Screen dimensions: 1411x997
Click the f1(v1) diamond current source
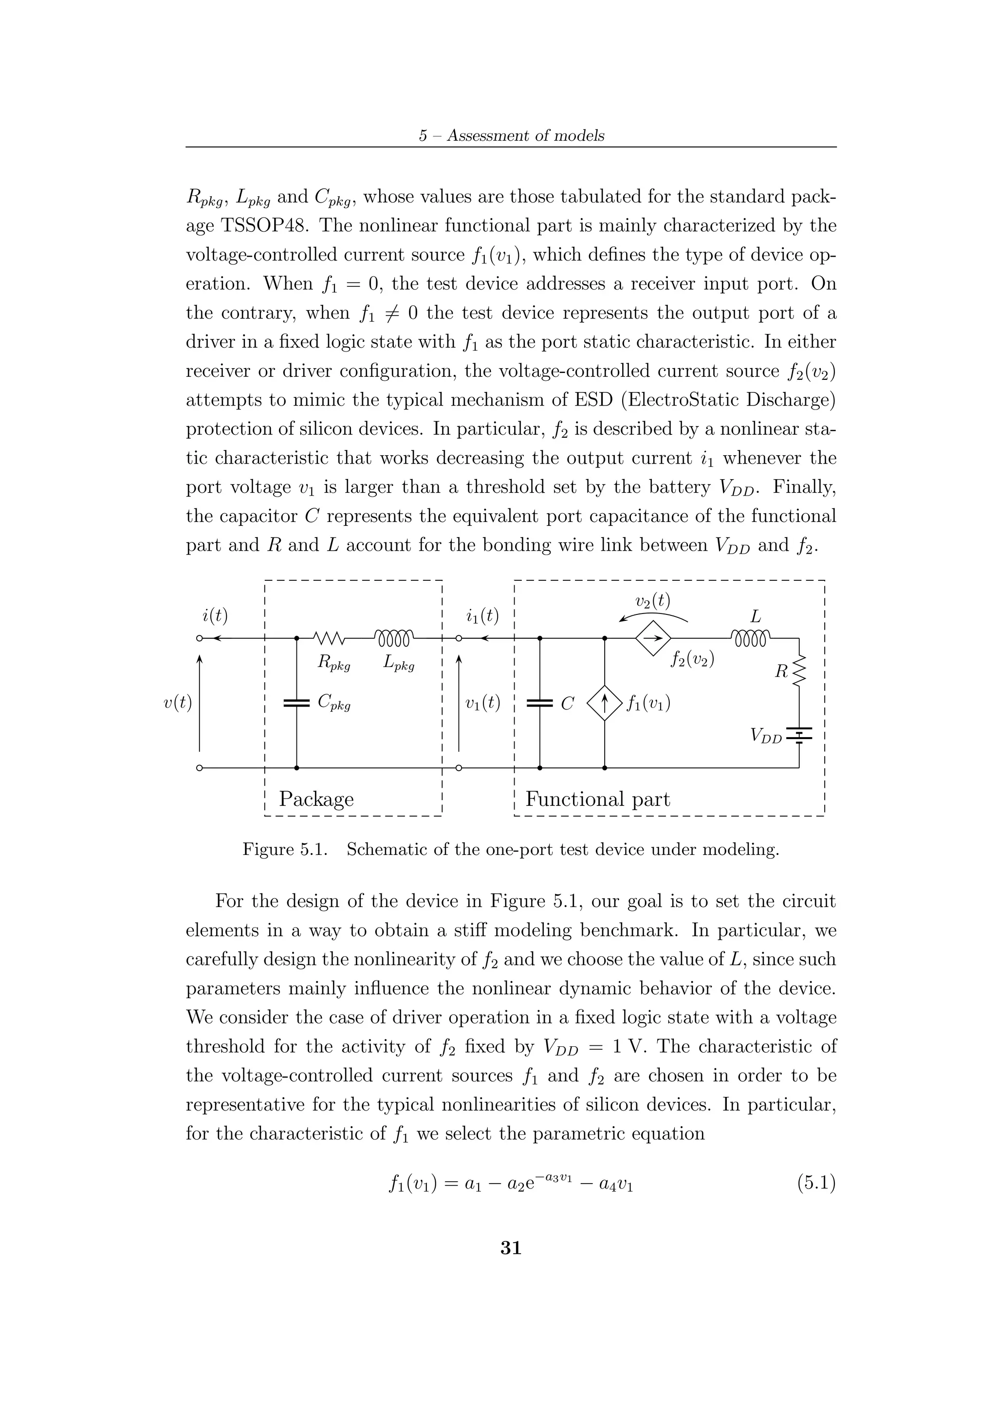point(605,703)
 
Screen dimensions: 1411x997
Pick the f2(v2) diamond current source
point(653,638)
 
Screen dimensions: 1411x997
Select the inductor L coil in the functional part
point(751,638)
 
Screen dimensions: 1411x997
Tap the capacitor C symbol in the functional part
point(540,703)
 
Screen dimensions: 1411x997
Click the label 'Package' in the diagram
point(316,799)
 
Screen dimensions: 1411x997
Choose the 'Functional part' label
point(598,799)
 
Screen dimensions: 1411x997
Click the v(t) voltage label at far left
point(178,703)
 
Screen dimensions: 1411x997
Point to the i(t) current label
point(215,615)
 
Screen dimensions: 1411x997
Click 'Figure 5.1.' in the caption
point(285,850)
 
